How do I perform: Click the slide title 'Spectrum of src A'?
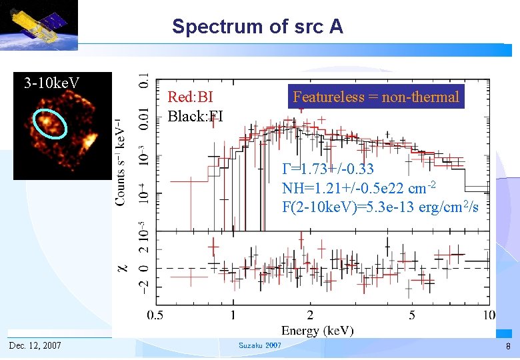tap(257, 27)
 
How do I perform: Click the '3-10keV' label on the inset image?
tap(51, 83)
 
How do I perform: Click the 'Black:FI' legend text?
tap(195, 117)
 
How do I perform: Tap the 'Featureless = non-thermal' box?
tap(376, 97)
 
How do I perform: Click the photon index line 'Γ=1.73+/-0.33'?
tap(327, 169)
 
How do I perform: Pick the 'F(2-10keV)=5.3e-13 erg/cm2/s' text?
tap(380, 207)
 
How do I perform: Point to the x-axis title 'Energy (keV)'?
tap(317, 331)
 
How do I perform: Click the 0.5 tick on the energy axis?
tap(156, 315)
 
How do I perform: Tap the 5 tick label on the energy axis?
tap(411, 315)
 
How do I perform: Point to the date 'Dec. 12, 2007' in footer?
tap(35, 345)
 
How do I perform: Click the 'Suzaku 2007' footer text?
tap(259, 345)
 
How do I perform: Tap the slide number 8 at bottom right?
tap(507, 346)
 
